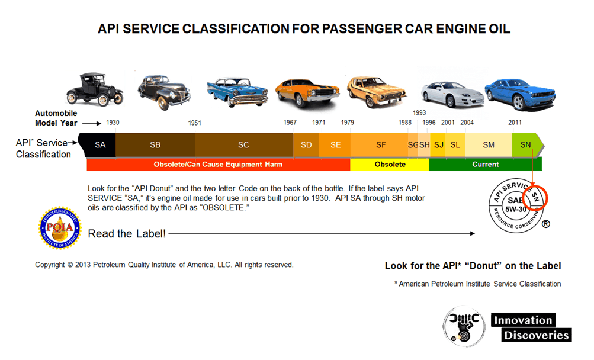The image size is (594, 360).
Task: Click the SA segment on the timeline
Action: (100, 144)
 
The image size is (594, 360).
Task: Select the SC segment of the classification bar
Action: (243, 144)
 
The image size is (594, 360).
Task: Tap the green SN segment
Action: (526, 144)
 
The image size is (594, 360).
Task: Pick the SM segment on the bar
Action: (489, 144)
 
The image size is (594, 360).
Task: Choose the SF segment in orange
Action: (381, 144)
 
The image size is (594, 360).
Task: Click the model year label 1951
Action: (195, 123)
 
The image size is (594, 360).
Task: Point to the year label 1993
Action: (419, 112)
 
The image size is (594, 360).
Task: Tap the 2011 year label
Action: (515, 123)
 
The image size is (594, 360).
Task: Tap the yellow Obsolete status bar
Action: (390, 164)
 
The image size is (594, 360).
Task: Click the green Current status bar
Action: (485, 164)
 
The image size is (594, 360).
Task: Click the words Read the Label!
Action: (127, 234)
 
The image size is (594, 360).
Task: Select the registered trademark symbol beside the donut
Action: (546, 224)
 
